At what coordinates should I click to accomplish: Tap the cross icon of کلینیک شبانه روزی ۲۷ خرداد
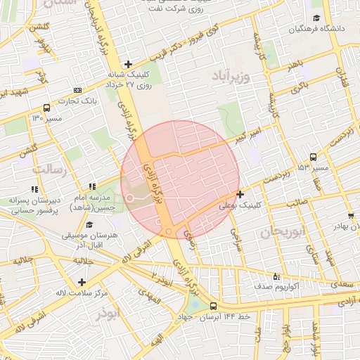(127, 64)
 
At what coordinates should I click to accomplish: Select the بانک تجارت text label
(101, 99)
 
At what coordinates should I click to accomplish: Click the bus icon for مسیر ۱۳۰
(46, 108)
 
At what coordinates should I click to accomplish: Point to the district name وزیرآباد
(230, 74)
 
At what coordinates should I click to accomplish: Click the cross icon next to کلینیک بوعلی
(240, 194)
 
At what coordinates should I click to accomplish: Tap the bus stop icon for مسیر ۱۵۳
(313, 157)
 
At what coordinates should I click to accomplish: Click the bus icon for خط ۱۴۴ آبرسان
(213, 306)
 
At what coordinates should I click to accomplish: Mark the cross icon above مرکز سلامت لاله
(82, 282)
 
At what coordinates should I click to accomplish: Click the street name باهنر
(294, 65)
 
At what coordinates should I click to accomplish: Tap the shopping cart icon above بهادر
(350, 214)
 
